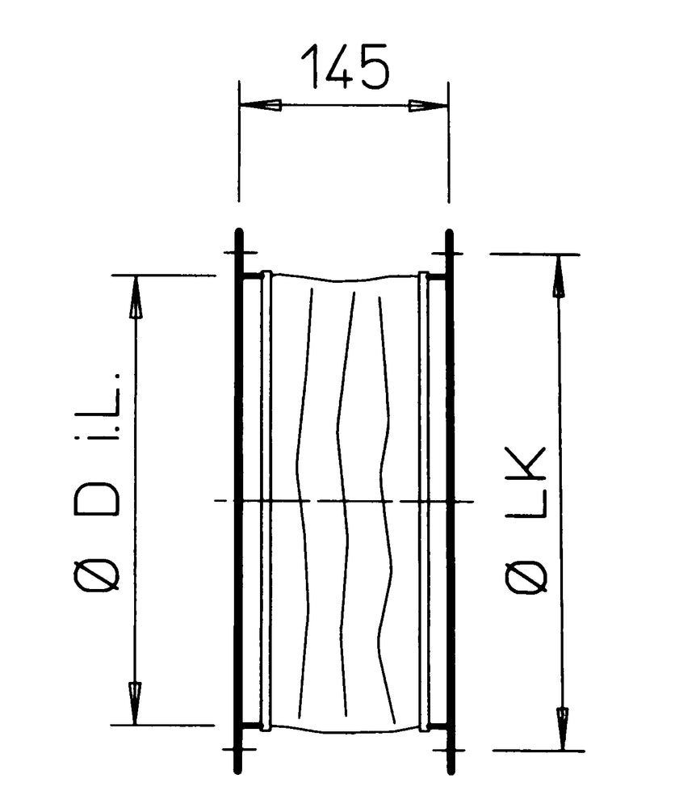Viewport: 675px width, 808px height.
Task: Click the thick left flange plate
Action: [x=238, y=501]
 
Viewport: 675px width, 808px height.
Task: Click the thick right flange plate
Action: [x=450, y=501]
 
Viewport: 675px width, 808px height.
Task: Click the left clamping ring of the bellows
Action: [x=266, y=501]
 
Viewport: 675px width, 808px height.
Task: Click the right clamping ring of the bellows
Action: [x=422, y=501]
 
